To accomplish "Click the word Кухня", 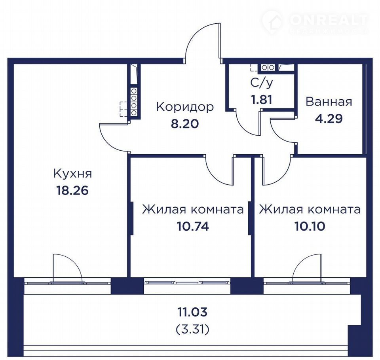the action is (72, 174).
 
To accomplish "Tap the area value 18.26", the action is (72, 190).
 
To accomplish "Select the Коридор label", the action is (185, 107).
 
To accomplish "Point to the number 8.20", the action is (185, 124).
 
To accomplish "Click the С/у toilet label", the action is (262, 83).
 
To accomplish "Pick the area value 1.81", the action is (262, 99).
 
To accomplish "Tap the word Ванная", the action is (329, 102).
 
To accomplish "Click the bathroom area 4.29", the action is (329, 119).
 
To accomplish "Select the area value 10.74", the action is (193, 227).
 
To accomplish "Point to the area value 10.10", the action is (310, 227).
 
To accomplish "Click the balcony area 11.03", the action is (193, 312).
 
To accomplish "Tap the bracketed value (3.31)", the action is (193, 329).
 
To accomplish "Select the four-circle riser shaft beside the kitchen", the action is (134, 102).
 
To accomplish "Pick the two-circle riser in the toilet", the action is (268, 68).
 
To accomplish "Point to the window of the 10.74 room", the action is (188, 282).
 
